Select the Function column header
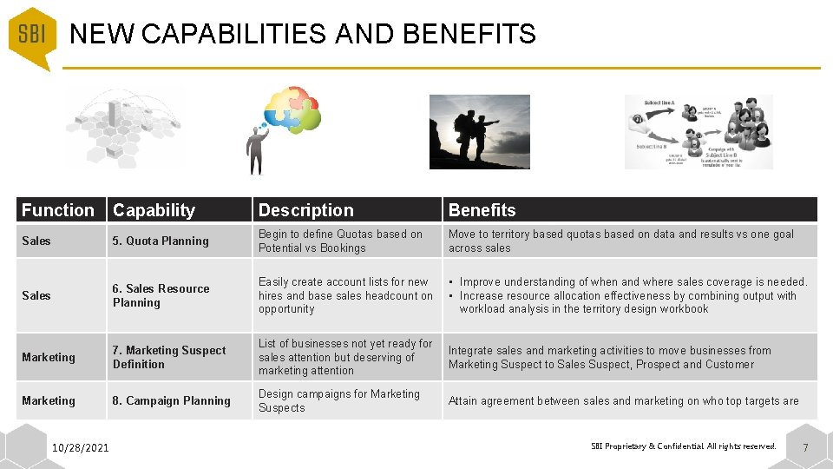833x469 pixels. coord(58,210)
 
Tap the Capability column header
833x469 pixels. coord(154,210)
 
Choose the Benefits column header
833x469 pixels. coord(482,210)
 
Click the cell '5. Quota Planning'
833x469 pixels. coord(161,241)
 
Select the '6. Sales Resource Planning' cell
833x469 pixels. coord(161,295)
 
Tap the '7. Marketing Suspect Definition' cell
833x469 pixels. coord(169,357)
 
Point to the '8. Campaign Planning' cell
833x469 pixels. coord(172,401)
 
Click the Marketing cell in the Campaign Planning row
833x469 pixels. coord(49,401)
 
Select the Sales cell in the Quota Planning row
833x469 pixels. coord(36,241)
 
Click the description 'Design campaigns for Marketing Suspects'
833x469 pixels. coord(339,401)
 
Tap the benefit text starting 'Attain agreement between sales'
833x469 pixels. coord(624,401)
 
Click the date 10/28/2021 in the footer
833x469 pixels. coord(81,448)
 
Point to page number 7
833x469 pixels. coord(805,448)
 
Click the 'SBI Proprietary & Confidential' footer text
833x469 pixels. coord(684,446)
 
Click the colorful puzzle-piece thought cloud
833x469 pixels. coord(293,111)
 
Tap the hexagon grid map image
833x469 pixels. coord(126,128)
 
